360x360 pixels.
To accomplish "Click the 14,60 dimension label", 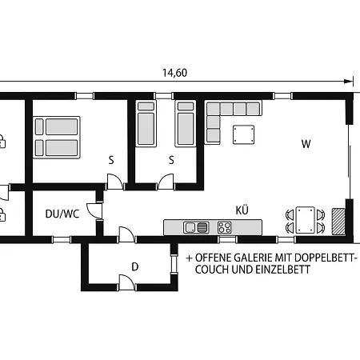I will pos(174,73).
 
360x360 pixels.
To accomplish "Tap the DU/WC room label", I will pos(62,214).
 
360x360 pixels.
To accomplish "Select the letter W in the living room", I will pos(306,145).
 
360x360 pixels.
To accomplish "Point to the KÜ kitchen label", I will pos(242,210).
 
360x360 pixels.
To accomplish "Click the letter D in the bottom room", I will pos(135,266).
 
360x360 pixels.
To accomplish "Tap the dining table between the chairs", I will pos(305,219).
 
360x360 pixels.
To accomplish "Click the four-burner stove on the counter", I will pos(226,227).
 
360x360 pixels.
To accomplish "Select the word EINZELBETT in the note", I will pos(283,270).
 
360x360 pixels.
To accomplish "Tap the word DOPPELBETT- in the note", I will pos(324,258).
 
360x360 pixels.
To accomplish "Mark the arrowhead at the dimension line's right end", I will pos(348,80).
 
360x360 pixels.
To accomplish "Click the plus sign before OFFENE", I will pos(189,258).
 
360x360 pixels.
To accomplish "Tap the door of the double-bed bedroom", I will pos(117,183).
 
